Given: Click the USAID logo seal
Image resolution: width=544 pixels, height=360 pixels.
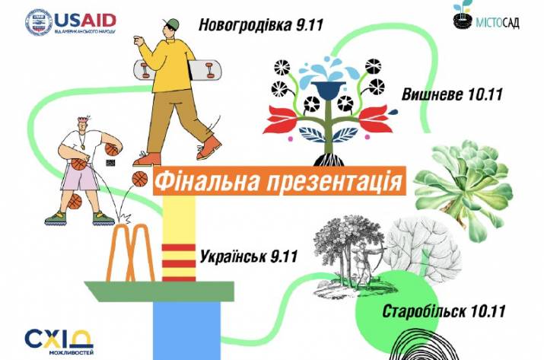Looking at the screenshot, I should tap(38, 22).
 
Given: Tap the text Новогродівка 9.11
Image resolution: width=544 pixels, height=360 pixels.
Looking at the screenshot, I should tap(261, 25).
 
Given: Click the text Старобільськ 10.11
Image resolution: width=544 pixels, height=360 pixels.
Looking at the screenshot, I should tap(434, 313).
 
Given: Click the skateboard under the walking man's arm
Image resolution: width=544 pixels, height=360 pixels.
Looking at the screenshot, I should tap(172, 70).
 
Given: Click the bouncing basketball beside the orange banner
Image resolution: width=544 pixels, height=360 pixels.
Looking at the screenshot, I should tap(140, 179).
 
